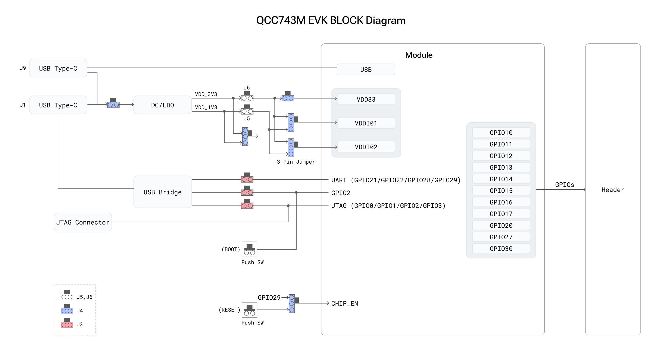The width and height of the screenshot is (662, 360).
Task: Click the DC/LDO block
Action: pos(162,105)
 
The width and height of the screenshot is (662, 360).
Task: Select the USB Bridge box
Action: pos(162,192)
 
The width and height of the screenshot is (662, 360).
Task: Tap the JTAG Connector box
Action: pos(83,222)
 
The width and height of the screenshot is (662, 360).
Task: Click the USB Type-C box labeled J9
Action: pos(58,68)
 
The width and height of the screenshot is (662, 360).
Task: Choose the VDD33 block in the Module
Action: pos(366,99)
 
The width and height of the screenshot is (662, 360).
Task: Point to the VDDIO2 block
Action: pos(366,147)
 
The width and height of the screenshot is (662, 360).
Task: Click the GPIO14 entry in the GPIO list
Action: pos(501,179)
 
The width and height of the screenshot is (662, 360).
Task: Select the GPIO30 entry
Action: pos(501,249)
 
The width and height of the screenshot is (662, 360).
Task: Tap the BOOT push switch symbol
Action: pos(249,249)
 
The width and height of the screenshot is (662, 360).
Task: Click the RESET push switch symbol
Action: pos(249,310)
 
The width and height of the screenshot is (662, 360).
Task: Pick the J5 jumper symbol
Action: pos(247,110)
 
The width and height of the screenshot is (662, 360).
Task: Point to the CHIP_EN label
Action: pos(344,303)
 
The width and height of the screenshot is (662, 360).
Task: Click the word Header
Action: pos(612,190)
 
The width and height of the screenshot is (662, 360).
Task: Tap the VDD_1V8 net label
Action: pos(206,107)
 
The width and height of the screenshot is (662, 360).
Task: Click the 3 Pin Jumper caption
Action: pos(296,162)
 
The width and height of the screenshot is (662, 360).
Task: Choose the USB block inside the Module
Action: pos(366,69)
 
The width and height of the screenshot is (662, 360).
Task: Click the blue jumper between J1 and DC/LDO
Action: pos(113,104)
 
